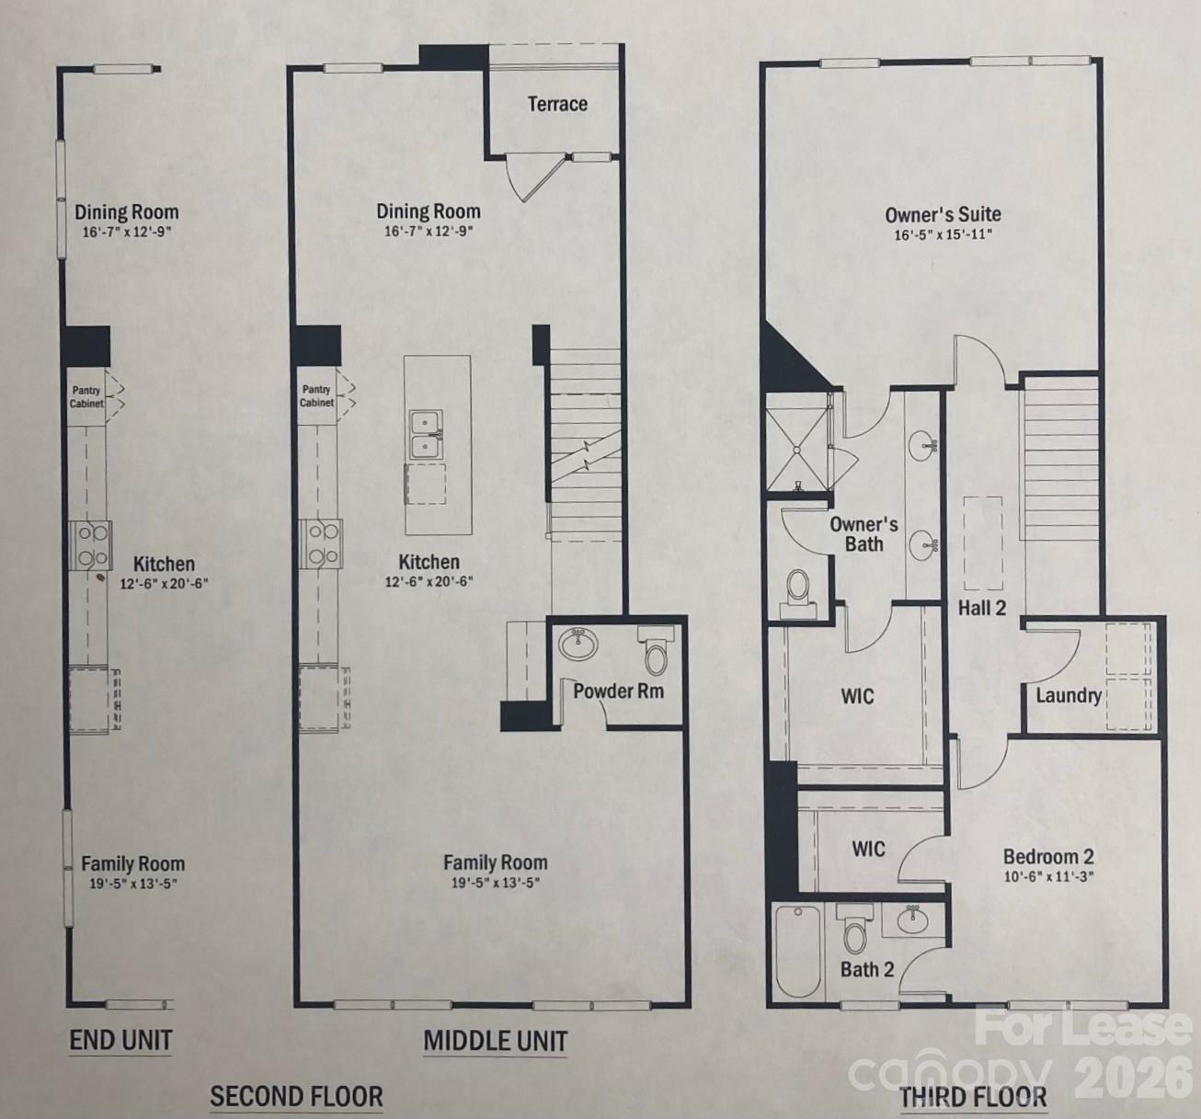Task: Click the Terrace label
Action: tap(557, 104)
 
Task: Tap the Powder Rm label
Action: tap(618, 691)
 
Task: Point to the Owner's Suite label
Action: tap(943, 214)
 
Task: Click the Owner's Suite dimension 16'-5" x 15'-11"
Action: tap(943, 234)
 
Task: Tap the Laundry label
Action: tap(1068, 695)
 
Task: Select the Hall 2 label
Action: tap(981, 608)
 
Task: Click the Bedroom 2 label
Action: tap(1048, 856)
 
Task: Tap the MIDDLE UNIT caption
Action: tap(495, 1041)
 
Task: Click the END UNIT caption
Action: tap(120, 1040)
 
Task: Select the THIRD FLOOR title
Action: tap(972, 1097)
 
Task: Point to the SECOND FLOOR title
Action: tap(296, 1096)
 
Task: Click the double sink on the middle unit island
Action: tap(426, 435)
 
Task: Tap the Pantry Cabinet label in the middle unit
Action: tap(316, 396)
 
